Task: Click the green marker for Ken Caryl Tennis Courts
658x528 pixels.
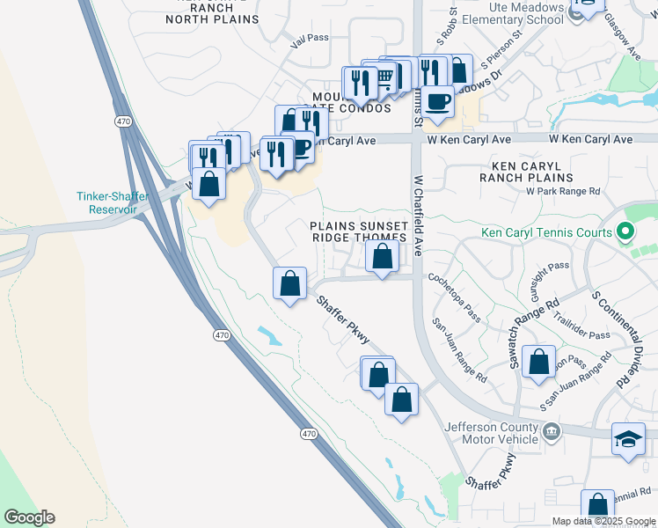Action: pos(625,232)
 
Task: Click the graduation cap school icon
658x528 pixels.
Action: pos(628,439)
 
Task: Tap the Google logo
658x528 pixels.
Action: pos(29,517)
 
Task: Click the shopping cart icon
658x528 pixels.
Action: pos(384,78)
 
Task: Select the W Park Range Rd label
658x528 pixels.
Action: pos(563,191)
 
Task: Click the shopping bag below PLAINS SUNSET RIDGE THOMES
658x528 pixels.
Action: pos(382,257)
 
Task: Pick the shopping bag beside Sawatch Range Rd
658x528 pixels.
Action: pos(538,361)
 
